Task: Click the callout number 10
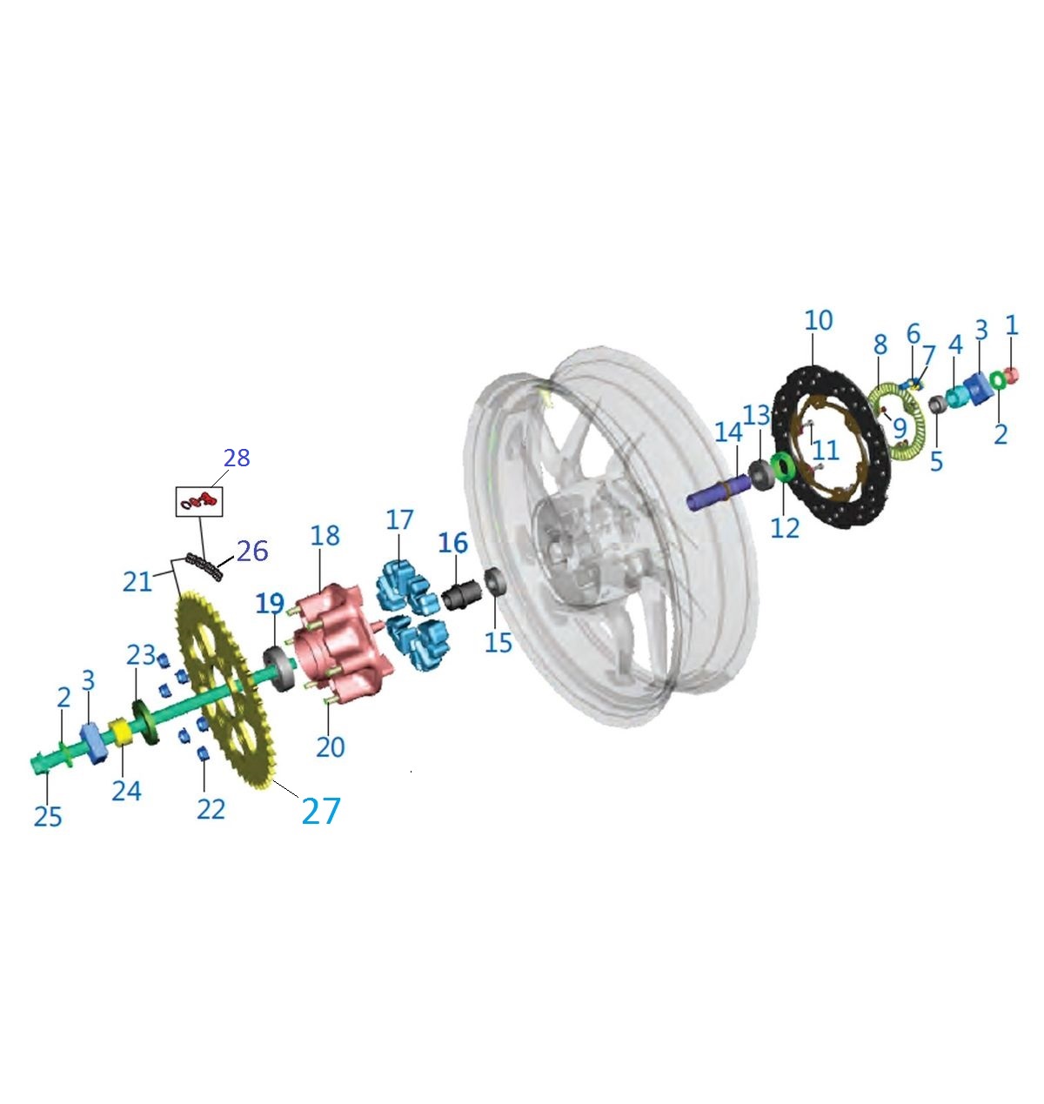(818, 321)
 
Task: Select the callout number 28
(237, 458)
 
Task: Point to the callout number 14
(728, 432)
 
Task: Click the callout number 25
(48, 817)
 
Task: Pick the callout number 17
(399, 520)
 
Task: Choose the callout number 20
(331, 747)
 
